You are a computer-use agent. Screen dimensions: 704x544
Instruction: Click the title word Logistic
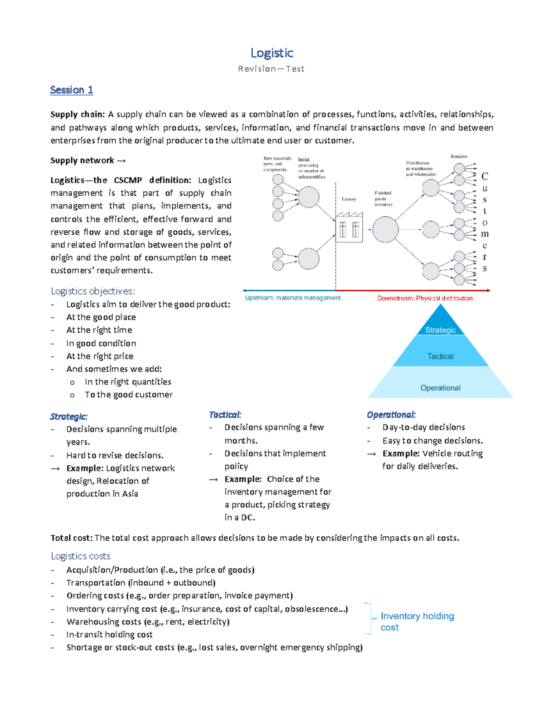coord(272,53)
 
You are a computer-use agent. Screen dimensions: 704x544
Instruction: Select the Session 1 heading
coord(71,90)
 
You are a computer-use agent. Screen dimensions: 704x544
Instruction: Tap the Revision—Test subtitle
coord(271,69)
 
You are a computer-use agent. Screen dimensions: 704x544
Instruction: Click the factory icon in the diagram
coord(349,228)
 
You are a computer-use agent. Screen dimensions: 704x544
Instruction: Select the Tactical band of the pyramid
coord(440,356)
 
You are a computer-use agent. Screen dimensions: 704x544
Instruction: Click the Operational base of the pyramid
coord(440,388)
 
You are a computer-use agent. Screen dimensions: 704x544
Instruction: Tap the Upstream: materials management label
coord(293,298)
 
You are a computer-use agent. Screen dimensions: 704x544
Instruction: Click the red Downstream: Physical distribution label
coord(425,298)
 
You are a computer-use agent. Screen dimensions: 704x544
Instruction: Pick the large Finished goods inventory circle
coord(385,229)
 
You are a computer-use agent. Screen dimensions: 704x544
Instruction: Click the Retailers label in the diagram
coord(459,156)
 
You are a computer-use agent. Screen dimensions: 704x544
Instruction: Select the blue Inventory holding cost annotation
coord(417,621)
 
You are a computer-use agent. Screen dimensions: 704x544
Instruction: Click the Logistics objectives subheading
coord(93,291)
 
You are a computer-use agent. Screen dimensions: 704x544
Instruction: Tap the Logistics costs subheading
coord(81,556)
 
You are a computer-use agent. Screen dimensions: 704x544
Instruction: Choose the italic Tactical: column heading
coord(225,415)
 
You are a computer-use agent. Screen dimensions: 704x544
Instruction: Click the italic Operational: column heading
coord(391,415)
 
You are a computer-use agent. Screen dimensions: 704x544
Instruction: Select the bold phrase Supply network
coord(83,160)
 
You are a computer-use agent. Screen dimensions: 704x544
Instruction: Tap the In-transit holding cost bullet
coord(109,635)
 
